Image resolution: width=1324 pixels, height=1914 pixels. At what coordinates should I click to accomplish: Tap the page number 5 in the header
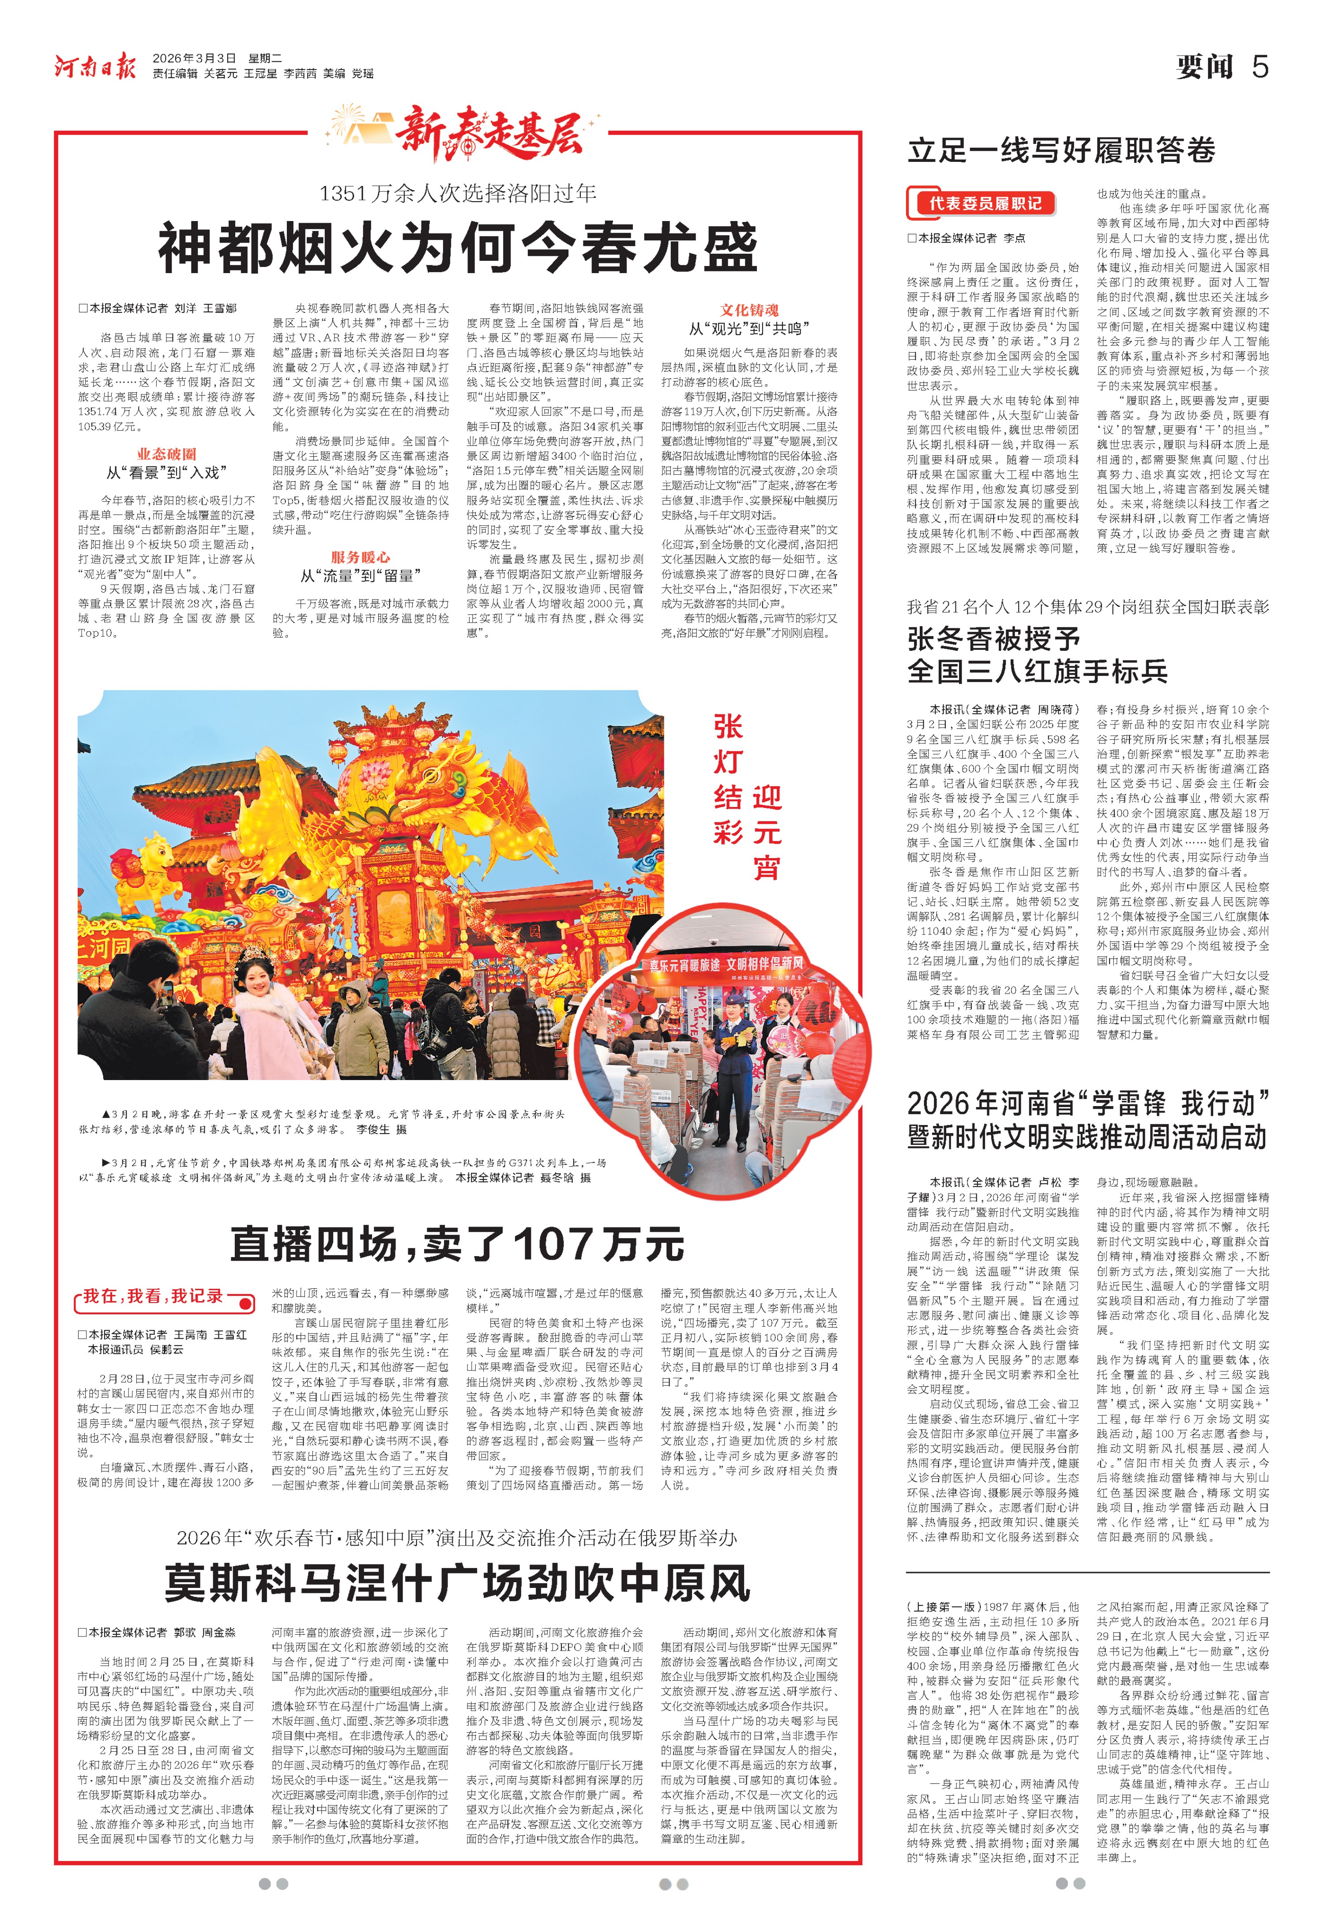pyautogui.click(x=1259, y=66)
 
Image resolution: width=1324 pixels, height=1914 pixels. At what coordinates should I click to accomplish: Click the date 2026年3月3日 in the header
pyautogui.click(x=194, y=58)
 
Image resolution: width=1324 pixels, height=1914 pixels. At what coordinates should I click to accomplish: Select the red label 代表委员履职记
pyautogui.click(x=985, y=203)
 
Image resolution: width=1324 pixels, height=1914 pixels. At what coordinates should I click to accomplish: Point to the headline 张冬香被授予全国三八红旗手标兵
pyautogui.click(x=1037, y=655)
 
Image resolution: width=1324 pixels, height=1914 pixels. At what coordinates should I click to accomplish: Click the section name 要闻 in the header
pyautogui.click(x=1204, y=66)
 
